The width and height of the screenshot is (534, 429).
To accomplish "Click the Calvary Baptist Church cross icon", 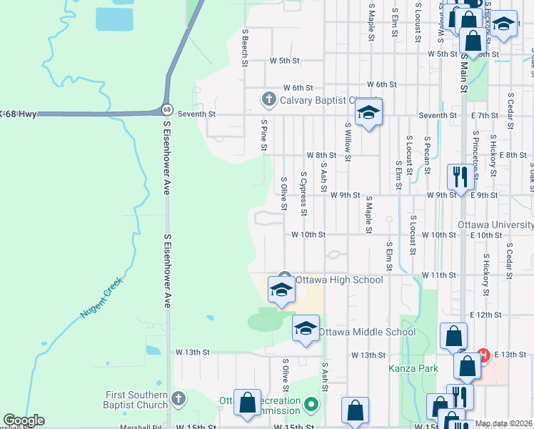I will pos(268,99).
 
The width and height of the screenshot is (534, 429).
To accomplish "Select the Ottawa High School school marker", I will pos(281,290).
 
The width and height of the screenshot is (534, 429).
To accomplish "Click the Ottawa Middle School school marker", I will pos(306,329).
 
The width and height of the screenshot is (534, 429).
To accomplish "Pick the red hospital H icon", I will pos(483,354).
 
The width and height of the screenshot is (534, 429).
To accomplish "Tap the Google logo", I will pos(24,420).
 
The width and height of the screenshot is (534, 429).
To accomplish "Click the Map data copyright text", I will pos(503,423).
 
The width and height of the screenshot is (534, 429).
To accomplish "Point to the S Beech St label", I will pos(245,48).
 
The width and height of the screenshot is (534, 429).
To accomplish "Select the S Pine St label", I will pos(263,136).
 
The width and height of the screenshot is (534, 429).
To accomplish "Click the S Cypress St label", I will pos(304,193).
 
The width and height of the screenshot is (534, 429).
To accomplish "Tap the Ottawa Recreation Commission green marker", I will pos(311,405).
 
